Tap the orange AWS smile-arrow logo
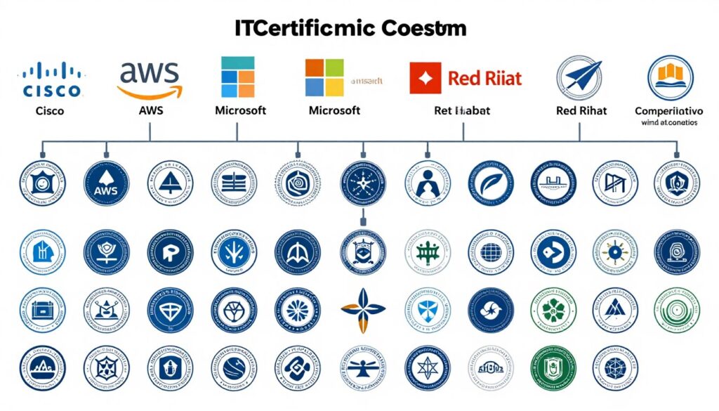pyautogui.click(x=150, y=78)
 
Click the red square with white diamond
pyautogui.click(x=425, y=77)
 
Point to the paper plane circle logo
pyautogui.click(x=579, y=77)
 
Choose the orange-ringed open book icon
pyautogui.click(x=670, y=77)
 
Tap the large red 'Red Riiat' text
pyautogui.click(x=485, y=78)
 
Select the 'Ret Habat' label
pyautogui.click(x=462, y=110)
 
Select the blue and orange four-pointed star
pyautogui.click(x=362, y=308)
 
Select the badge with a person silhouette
pyautogui.click(x=426, y=183)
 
